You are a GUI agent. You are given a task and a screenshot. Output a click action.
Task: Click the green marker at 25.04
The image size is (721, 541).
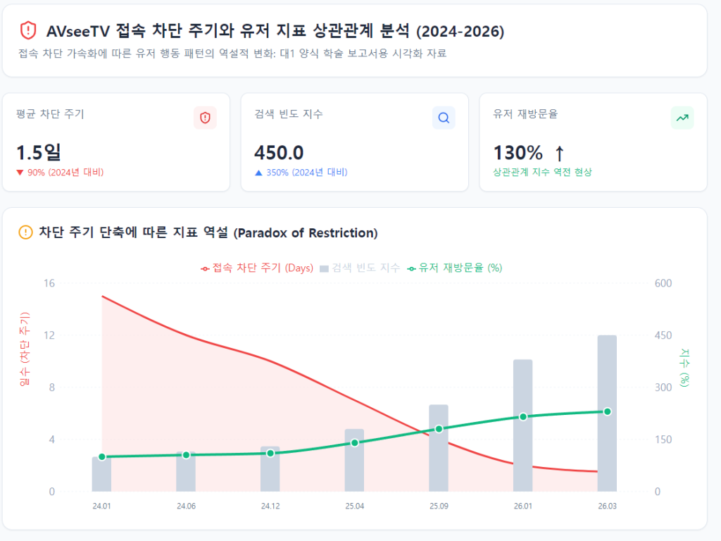point(355,443)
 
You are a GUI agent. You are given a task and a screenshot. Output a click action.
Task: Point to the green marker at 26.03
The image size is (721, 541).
point(607,411)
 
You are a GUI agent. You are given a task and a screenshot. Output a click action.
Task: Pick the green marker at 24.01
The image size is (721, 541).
point(102,457)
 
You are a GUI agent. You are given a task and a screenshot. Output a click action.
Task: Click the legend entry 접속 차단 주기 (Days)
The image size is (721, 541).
point(257,268)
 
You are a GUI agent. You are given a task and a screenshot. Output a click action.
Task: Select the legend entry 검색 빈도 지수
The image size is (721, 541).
point(360,268)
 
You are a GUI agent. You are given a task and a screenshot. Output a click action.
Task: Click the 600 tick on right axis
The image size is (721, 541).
point(663,283)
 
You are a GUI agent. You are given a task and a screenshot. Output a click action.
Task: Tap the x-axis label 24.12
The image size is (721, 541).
point(270,506)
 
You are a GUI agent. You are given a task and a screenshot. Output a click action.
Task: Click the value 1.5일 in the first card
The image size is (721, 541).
point(39,152)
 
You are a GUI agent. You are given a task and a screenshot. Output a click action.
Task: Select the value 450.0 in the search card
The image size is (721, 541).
point(279,152)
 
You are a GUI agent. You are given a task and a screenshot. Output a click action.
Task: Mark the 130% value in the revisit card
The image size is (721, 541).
point(518,152)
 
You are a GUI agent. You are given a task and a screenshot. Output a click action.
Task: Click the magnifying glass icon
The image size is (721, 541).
point(444,118)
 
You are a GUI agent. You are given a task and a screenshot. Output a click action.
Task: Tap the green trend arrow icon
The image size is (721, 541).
point(682,118)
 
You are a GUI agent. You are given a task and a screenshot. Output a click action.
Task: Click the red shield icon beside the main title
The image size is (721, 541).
point(27,30)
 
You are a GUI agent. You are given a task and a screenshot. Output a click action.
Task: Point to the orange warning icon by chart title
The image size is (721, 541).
point(25,232)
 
